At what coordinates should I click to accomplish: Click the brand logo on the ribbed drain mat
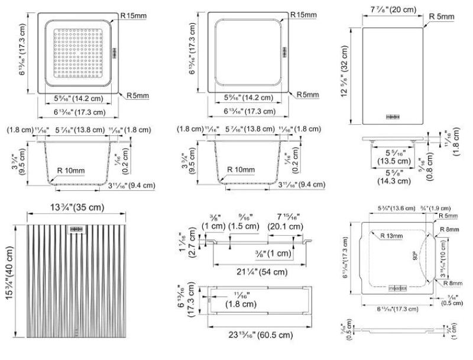coord(77,229)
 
